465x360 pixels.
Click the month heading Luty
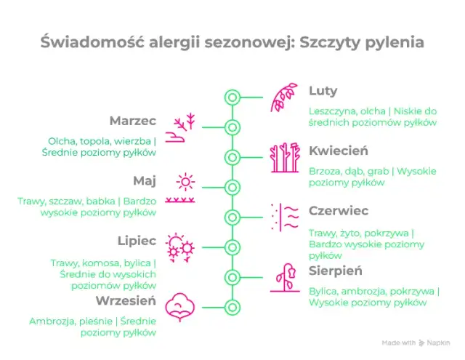click(323, 91)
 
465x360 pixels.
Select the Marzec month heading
click(133, 120)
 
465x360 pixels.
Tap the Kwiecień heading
click(339, 151)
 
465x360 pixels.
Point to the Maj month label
click(145, 180)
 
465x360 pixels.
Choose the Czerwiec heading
click(339, 211)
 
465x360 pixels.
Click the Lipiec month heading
click(137, 241)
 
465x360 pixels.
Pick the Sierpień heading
click(336, 271)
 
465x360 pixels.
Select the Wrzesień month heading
click(126, 300)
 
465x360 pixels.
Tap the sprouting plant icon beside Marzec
click(182, 127)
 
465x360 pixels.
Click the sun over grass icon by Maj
click(182, 188)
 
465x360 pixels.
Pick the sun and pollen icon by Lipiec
click(181, 248)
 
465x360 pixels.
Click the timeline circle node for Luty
click(232, 97)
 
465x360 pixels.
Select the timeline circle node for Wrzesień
click(232, 307)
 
